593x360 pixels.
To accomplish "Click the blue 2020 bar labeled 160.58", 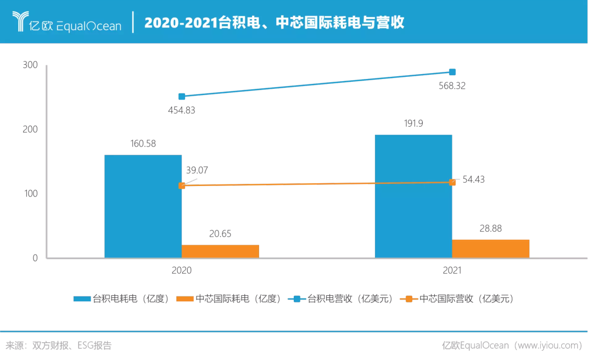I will click(x=143, y=206).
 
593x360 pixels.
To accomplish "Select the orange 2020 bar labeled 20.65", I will click(x=220, y=251).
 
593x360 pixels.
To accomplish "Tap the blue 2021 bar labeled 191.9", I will click(x=413, y=196).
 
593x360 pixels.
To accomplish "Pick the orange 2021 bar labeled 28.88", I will click(x=490, y=248).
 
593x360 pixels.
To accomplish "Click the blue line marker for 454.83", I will click(x=182, y=97).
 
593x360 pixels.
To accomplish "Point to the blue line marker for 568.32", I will click(x=452, y=72).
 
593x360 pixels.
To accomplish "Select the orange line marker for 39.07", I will click(x=182, y=185).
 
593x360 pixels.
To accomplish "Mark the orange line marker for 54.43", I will click(x=452, y=182).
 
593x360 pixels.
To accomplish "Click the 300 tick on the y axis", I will click(x=31, y=65).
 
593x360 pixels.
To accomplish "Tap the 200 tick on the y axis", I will click(x=31, y=130).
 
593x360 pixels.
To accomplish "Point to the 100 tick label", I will click(x=31, y=194).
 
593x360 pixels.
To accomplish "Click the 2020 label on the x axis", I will click(x=182, y=271).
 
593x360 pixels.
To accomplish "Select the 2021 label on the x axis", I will click(x=452, y=271).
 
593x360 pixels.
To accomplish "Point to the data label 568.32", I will click(x=452, y=86).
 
